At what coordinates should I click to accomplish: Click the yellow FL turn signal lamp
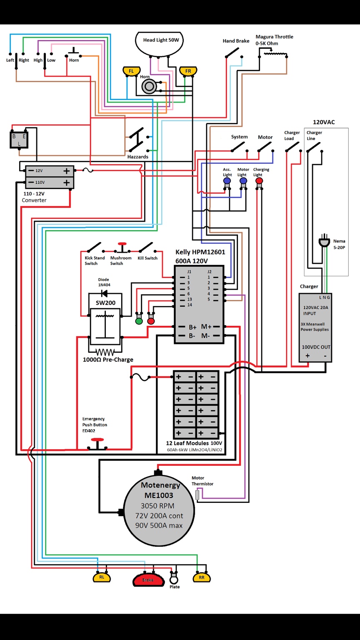point(131,71)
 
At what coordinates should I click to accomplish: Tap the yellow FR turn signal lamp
point(188,71)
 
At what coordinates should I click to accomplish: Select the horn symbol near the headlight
point(149,86)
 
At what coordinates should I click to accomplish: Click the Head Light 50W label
point(161,40)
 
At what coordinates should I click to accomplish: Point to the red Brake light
point(148,580)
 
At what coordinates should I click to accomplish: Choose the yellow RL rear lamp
point(102,577)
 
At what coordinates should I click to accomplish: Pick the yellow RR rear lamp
point(202,578)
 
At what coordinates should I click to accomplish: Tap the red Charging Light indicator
point(259,180)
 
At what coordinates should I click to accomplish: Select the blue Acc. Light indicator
point(227,180)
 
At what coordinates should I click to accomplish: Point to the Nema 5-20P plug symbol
point(324,241)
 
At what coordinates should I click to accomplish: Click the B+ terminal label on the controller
point(192,327)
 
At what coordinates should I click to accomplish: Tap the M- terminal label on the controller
point(205,336)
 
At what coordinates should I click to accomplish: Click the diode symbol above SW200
point(104,293)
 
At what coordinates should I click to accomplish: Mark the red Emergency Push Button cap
point(97,440)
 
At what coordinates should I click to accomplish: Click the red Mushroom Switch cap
point(122,244)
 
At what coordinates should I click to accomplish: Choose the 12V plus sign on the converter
point(67,171)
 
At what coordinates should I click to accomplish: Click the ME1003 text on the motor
point(159,495)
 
